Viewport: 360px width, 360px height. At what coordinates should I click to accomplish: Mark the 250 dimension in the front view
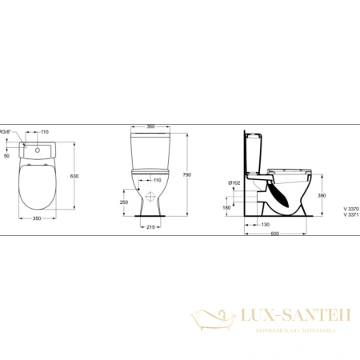pyautogui.click(x=122, y=202)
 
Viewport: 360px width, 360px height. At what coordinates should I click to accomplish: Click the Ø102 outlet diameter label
pyautogui.click(x=234, y=182)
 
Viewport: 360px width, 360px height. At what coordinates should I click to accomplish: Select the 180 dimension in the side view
pyautogui.click(x=227, y=207)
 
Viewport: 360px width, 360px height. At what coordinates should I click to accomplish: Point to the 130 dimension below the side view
pyautogui.click(x=264, y=224)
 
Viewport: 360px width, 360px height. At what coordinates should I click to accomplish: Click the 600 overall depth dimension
pyautogui.click(x=276, y=233)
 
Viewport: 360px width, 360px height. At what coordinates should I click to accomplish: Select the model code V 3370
pyautogui.click(x=350, y=207)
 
